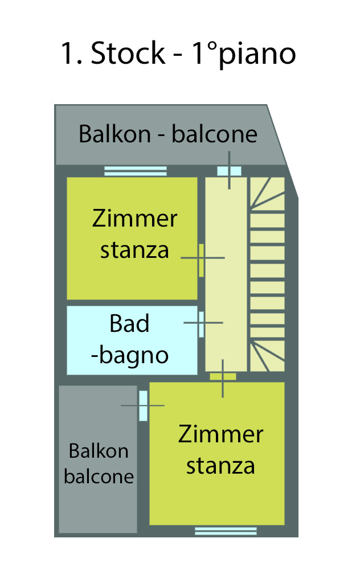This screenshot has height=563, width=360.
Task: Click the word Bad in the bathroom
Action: [x=130, y=324]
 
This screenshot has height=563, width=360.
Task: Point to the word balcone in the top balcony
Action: [x=215, y=135]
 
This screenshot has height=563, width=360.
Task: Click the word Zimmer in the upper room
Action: [x=134, y=219]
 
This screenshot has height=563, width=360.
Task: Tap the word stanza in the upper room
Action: [x=134, y=250]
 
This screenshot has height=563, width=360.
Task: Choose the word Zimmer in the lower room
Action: [x=220, y=435]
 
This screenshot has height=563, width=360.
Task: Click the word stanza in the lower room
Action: [x=220, y=466]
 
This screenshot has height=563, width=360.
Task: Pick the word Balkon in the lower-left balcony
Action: [x=99, y=451]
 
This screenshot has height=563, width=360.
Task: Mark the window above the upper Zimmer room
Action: [x=136, y=171]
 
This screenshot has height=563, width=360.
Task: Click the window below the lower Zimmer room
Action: [x=218, y=531]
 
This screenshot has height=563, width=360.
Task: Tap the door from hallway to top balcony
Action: [x=230, y=171]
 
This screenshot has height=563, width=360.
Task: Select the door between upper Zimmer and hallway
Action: [x=201, y=259]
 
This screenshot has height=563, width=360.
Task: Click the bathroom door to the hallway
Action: [x=201, y=323]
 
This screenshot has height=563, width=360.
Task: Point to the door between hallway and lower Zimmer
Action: [x=223, y=376]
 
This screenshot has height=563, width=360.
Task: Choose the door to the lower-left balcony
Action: [x=143, y=405]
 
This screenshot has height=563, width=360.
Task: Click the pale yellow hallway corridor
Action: [x=226, y=285]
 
